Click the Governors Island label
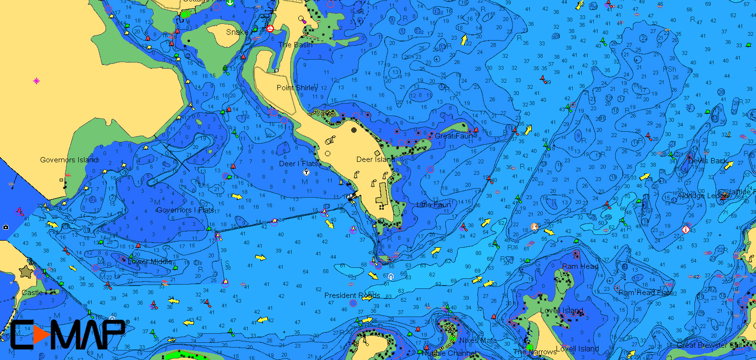[69, 160]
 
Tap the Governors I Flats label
[185, 210]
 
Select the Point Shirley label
[297, 88]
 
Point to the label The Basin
[295, 45]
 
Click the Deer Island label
[375, 159]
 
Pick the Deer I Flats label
[298, 164]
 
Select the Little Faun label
[433, 205]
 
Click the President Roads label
[352, 296]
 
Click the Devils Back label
[708, 161]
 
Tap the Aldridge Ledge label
[701, 196]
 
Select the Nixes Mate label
[478, 341]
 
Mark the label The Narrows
[535, 352]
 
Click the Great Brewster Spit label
[709, 345]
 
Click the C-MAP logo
[67, 334]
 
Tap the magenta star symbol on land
[37, 81]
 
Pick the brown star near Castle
[25, 272]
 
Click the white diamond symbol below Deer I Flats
[306, 172]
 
